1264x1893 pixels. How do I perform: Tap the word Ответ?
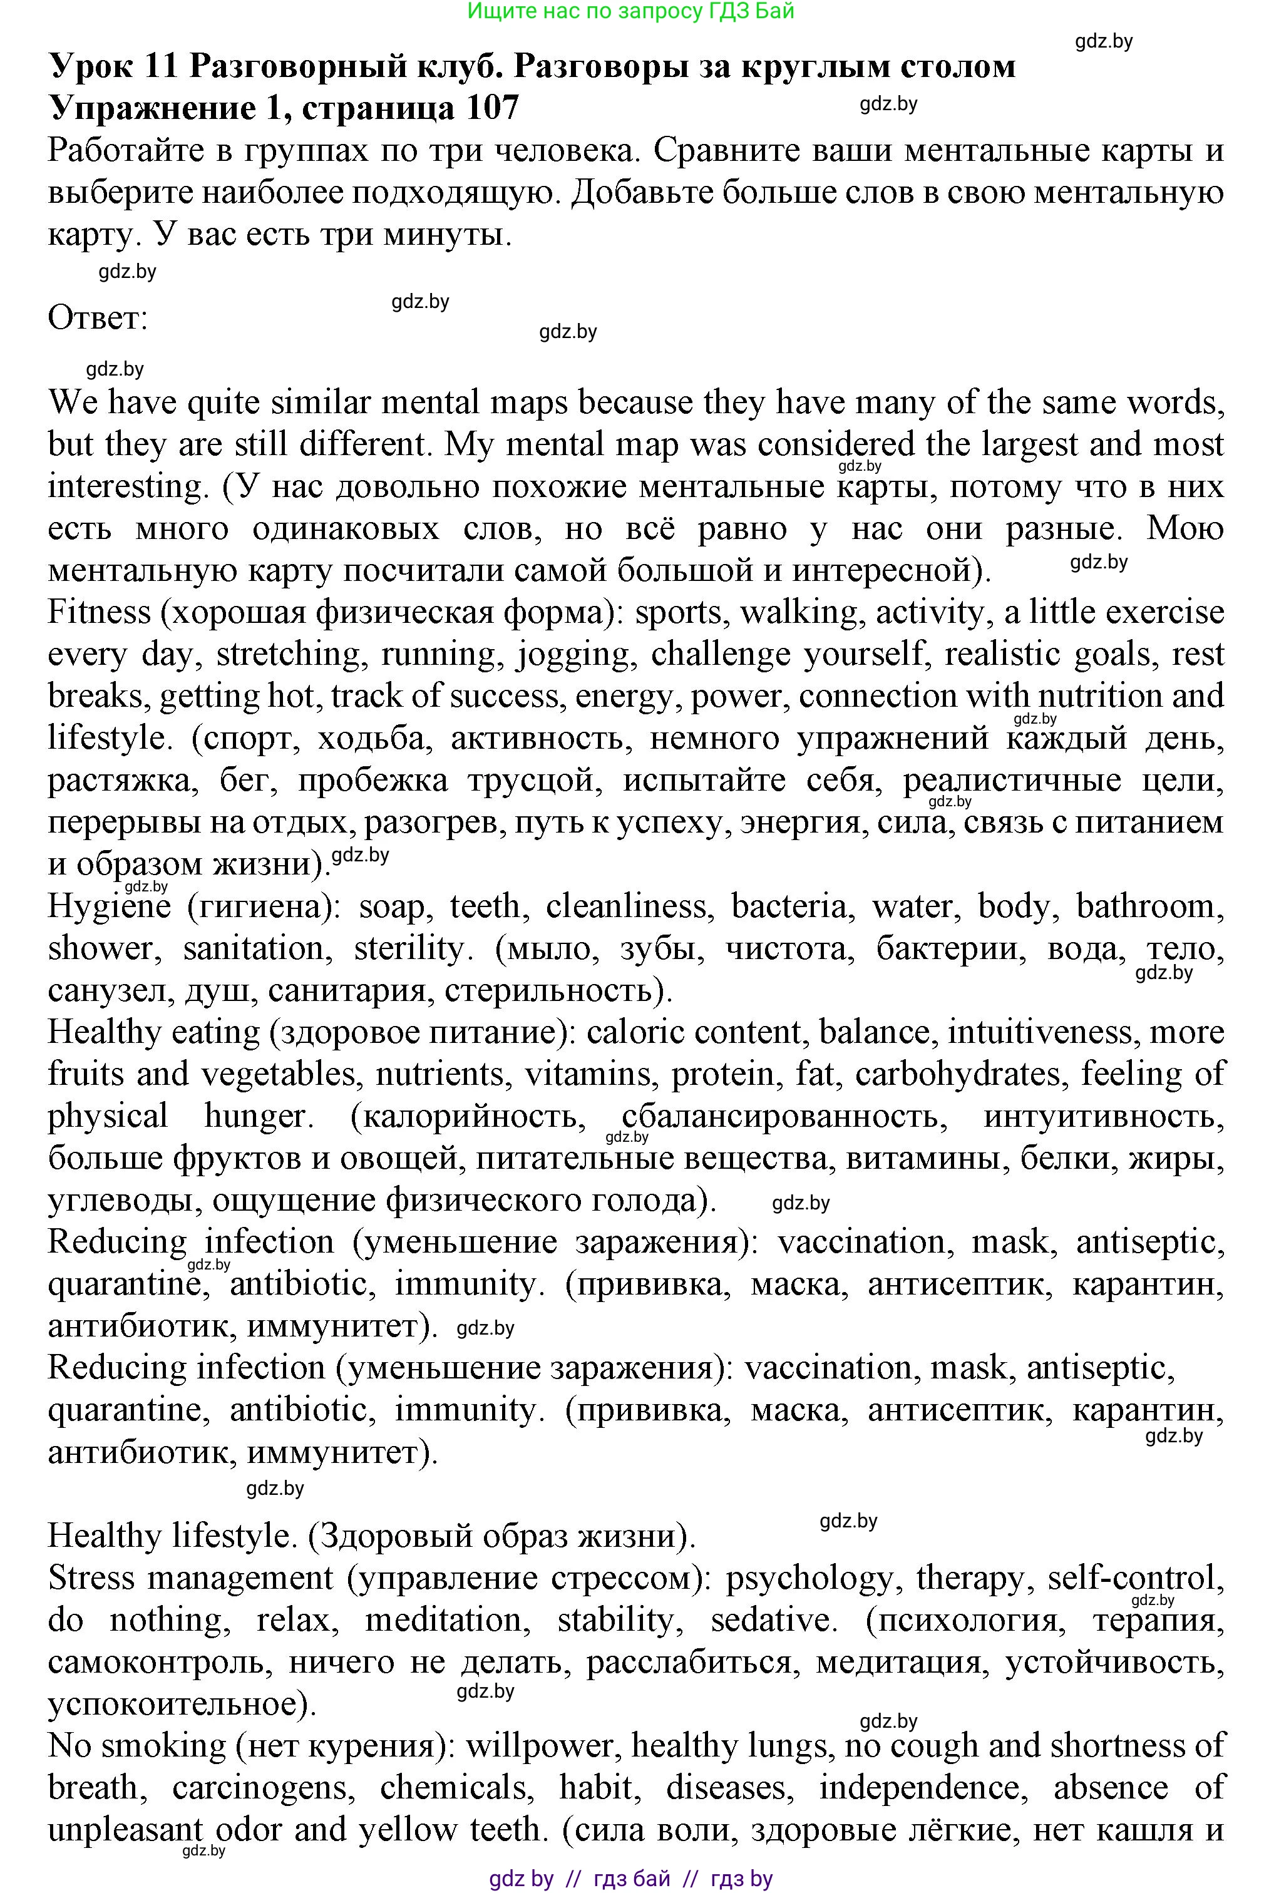(x=98, y=317)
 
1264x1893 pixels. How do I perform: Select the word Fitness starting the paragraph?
(x=98, y=612)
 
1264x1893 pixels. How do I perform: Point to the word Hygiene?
(x=109, y=906)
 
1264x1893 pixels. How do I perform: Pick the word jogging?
(x=574, y=654)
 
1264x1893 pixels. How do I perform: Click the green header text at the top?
(x=630, y=11)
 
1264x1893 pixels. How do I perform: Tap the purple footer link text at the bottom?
(x=630, y=1879)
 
